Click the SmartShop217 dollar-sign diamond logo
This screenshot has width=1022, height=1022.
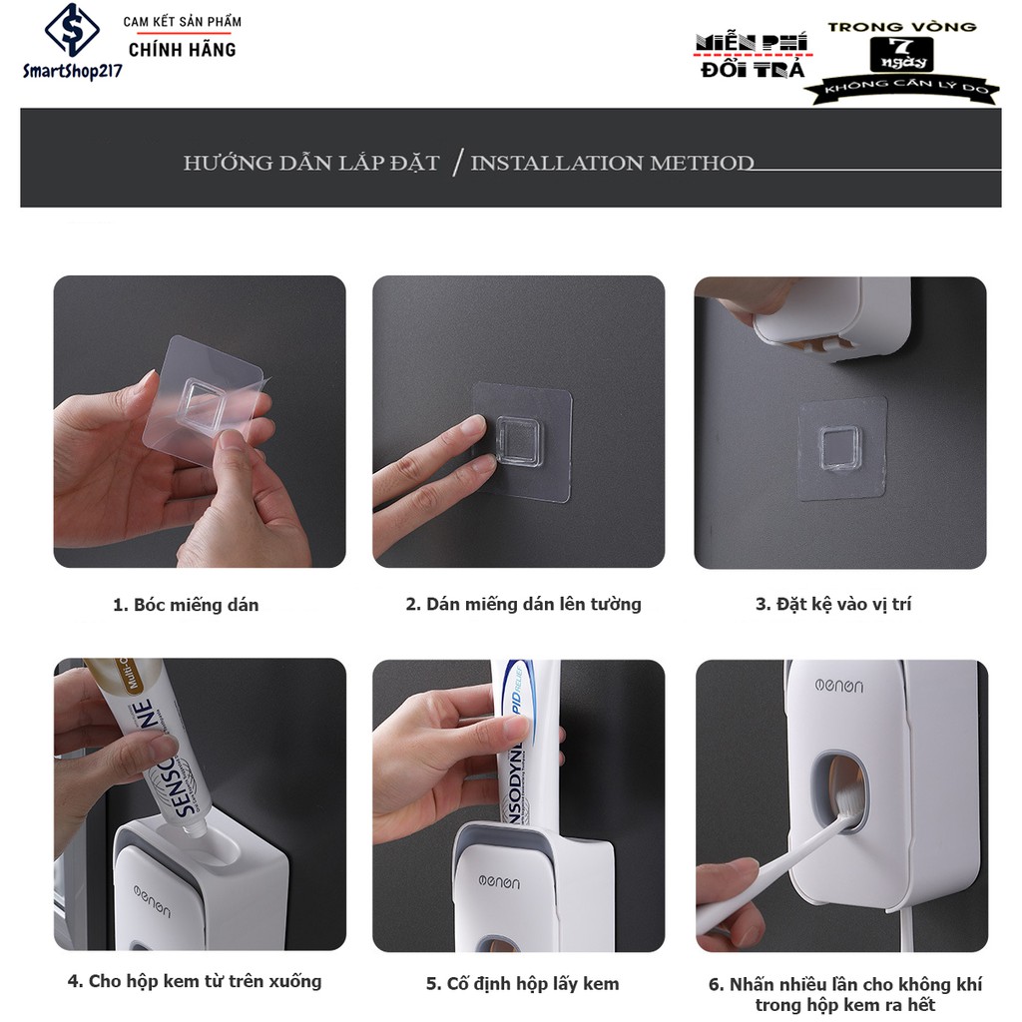tap(72, 30)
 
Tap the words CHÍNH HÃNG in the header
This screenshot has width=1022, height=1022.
tap(183, 50)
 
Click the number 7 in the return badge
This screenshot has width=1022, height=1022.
tap(901, 46)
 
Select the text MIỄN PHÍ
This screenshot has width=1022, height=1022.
tap(752, 42)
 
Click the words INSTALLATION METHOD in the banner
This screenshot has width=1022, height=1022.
tap(612, 163)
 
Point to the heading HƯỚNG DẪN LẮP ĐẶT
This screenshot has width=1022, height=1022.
tap(311, 163)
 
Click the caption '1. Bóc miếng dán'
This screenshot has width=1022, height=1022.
tap(186, 605)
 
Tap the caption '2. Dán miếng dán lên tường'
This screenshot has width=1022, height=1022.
tap(523, 604)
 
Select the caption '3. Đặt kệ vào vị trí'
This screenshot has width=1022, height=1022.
tap(833, 604)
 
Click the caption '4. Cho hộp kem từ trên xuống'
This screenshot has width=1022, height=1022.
tap(195, 981)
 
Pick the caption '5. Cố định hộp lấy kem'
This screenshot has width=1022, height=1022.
tap(523, 983)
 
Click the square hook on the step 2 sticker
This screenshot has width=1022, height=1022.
tap(519, 441)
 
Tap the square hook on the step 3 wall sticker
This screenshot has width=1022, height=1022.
tap(840, 448)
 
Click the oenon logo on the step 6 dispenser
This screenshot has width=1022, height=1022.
tap(839, 686)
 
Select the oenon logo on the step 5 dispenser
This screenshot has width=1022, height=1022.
tap(499, 882)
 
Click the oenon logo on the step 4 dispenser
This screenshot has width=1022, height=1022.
tap(153, 901)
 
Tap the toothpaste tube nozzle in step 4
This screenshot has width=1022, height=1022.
tap(194, 827)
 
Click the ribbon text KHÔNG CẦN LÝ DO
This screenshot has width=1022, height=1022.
tap(902, 88)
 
